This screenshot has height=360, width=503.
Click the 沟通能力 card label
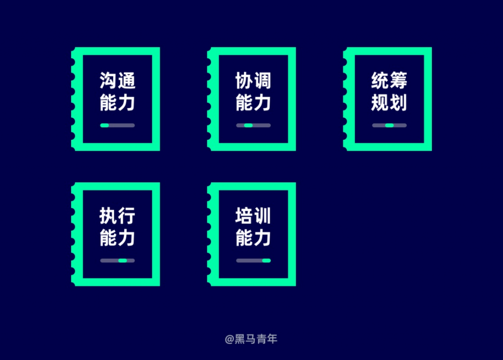117,91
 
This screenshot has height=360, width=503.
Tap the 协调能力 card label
253,91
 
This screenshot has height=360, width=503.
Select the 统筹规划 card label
389,91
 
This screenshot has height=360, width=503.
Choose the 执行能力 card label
117,226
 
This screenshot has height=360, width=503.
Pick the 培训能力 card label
253,226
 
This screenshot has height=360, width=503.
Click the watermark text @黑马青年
251,339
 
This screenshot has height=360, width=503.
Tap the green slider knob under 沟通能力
105,125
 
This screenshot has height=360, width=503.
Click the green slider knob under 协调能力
248,125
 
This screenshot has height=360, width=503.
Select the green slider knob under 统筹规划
390,125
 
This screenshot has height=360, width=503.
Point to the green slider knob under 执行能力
122,260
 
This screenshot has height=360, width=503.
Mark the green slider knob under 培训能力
266,260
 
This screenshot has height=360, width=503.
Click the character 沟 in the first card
108,80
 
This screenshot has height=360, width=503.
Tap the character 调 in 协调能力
263,80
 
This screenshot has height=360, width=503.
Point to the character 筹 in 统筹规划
398,80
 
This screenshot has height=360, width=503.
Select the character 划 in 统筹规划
398,103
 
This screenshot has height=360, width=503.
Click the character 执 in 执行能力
108,215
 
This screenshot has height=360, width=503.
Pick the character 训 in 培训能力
263,215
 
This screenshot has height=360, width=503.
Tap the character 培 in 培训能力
244,215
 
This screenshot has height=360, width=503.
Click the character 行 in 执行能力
127,215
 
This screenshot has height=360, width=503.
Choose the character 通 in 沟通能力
127,80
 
